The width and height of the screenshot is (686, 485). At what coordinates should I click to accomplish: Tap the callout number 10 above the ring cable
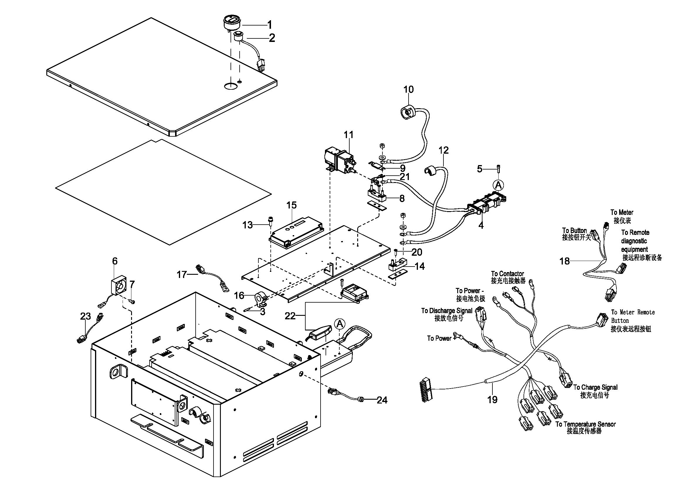pyautogui.click(x=409, y=89)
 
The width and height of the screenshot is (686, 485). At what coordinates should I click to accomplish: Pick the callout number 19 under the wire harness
pyautogui.click(x=492, y=399)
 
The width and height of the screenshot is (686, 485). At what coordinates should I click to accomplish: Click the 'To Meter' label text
pyautogui.click(x=622, y=212)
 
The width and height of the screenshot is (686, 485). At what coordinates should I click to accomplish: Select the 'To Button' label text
pyautogui.click(x=574, y=230)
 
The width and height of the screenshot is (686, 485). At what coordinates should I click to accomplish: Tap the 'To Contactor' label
pyautogui.click(x=507, y=274)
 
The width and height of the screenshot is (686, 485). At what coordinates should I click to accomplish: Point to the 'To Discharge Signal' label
pyautogui.click(x=447, y=311)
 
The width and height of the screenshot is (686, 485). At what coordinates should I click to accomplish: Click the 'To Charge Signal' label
pyautogui.click(x=595, y=387)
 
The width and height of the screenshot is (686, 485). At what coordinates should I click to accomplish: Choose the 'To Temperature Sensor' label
pyautogui.click(x=585, y=424)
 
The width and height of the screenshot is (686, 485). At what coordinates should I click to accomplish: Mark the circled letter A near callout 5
pyautogui.click(x=498, y=185)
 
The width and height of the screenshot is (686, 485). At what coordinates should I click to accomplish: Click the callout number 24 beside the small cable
pyautogui.click(x=382, y=400)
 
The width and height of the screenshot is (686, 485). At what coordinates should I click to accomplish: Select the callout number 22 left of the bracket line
pyautogui.click(x=290, y=316)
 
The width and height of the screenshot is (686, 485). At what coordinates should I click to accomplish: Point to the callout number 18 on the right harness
pyautogui.click(x=564, y=261)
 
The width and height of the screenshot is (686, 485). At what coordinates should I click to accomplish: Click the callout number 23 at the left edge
pyautogui.click(x=85, y=316)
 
